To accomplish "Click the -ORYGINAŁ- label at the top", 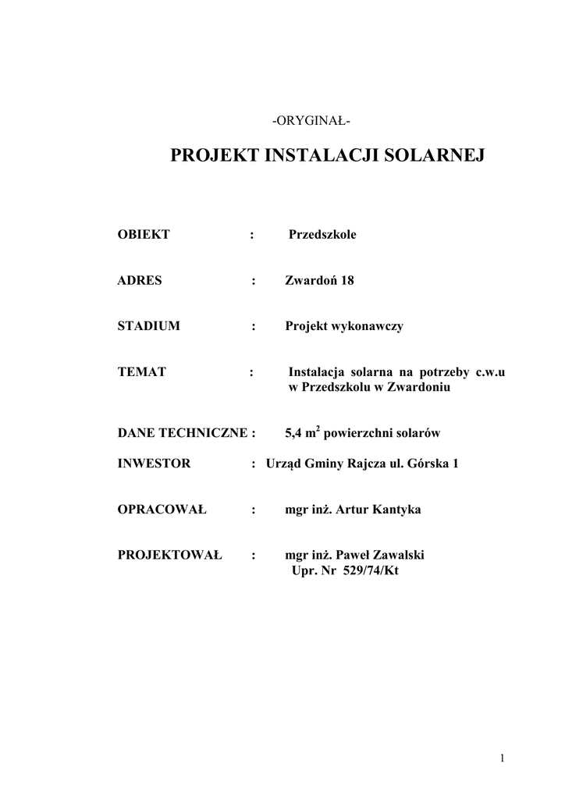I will click(x=311, y=121).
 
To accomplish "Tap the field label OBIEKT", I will click(x=144, y=234).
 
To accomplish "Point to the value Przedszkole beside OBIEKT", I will click(x=322, y=234).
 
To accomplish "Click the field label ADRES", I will click(x=140, y=280).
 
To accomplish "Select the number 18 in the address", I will click(x=346, y=280).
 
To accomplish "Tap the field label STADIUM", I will click(x=148, y=326).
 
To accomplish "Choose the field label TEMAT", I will click(x=141, y=372).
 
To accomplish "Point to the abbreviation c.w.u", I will click(x=491, y=372).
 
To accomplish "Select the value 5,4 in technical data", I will click(x=294, y=433).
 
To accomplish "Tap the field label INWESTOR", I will click(x=154, y=463).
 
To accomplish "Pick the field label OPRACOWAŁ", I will click(x=162, y=510).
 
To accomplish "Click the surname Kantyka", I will click(x=393, y=510).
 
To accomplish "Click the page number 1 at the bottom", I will click(x=504, y=758).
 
